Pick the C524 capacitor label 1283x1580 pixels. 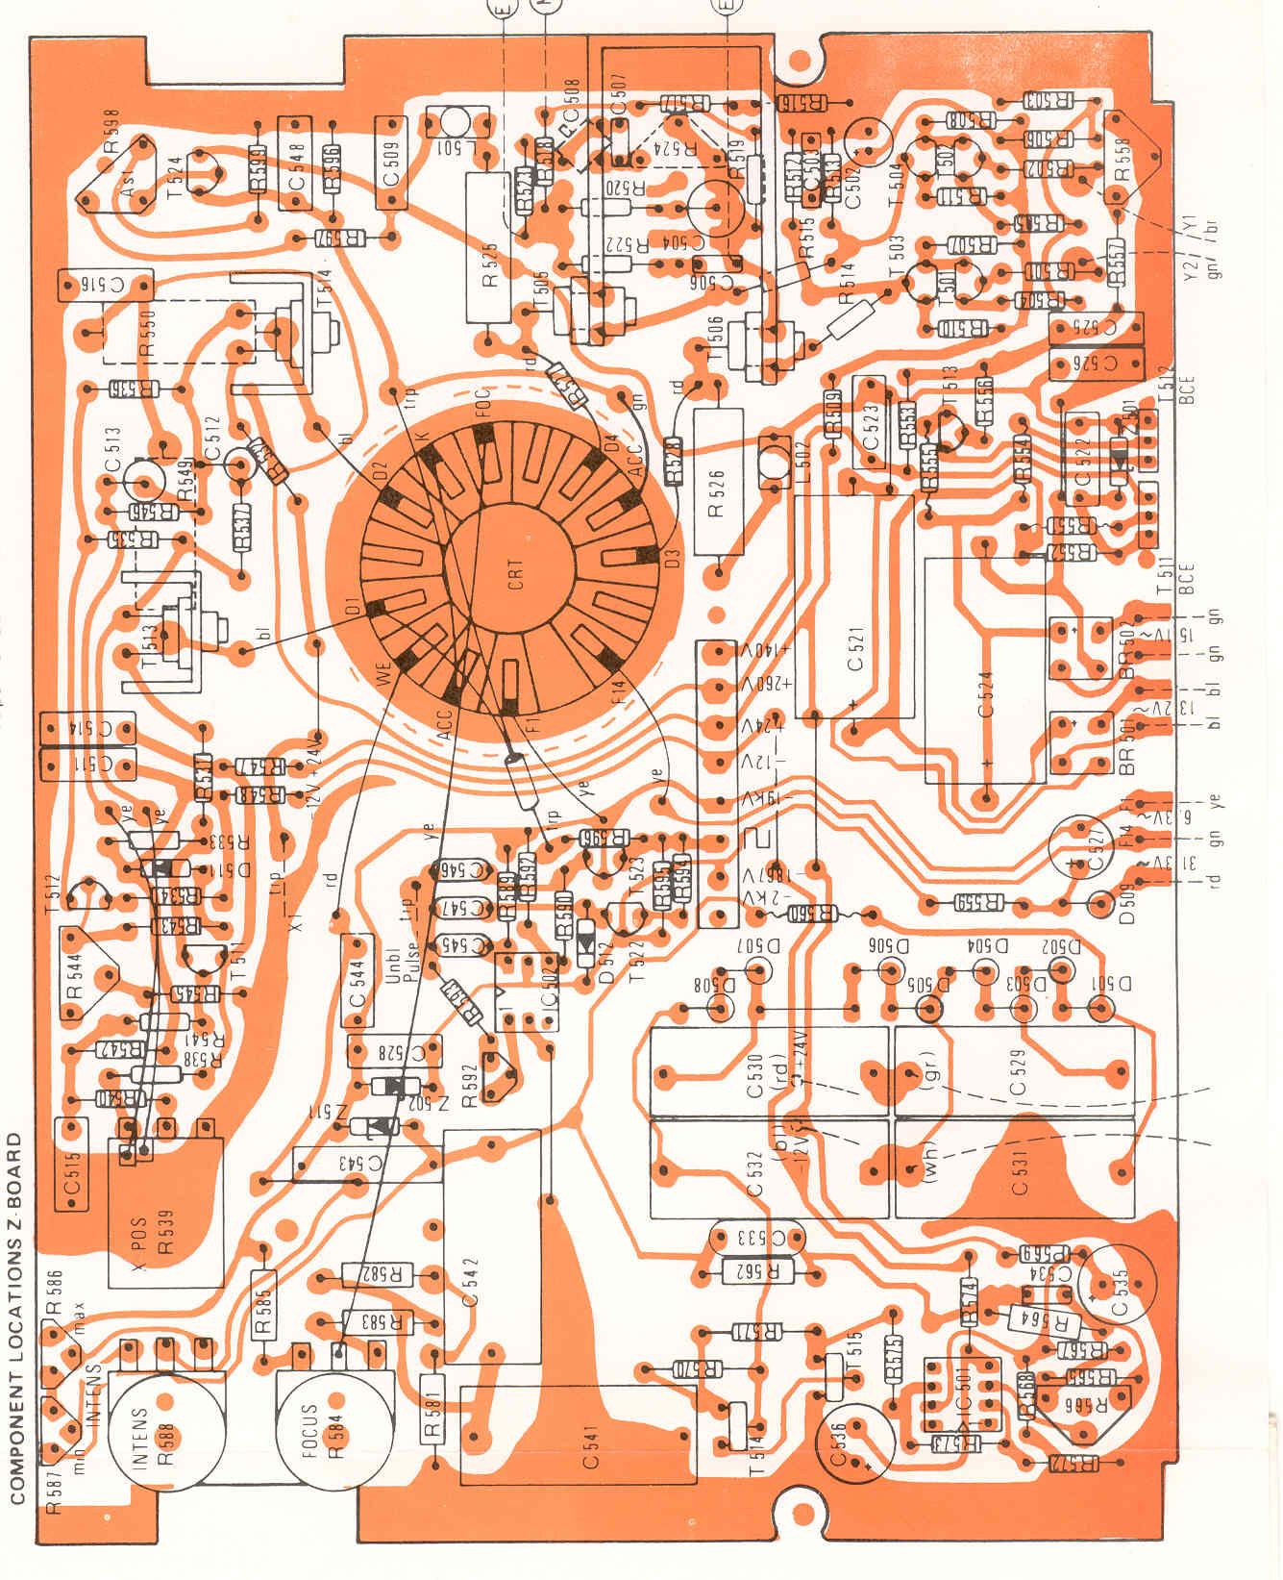click(x=985, y=693)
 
